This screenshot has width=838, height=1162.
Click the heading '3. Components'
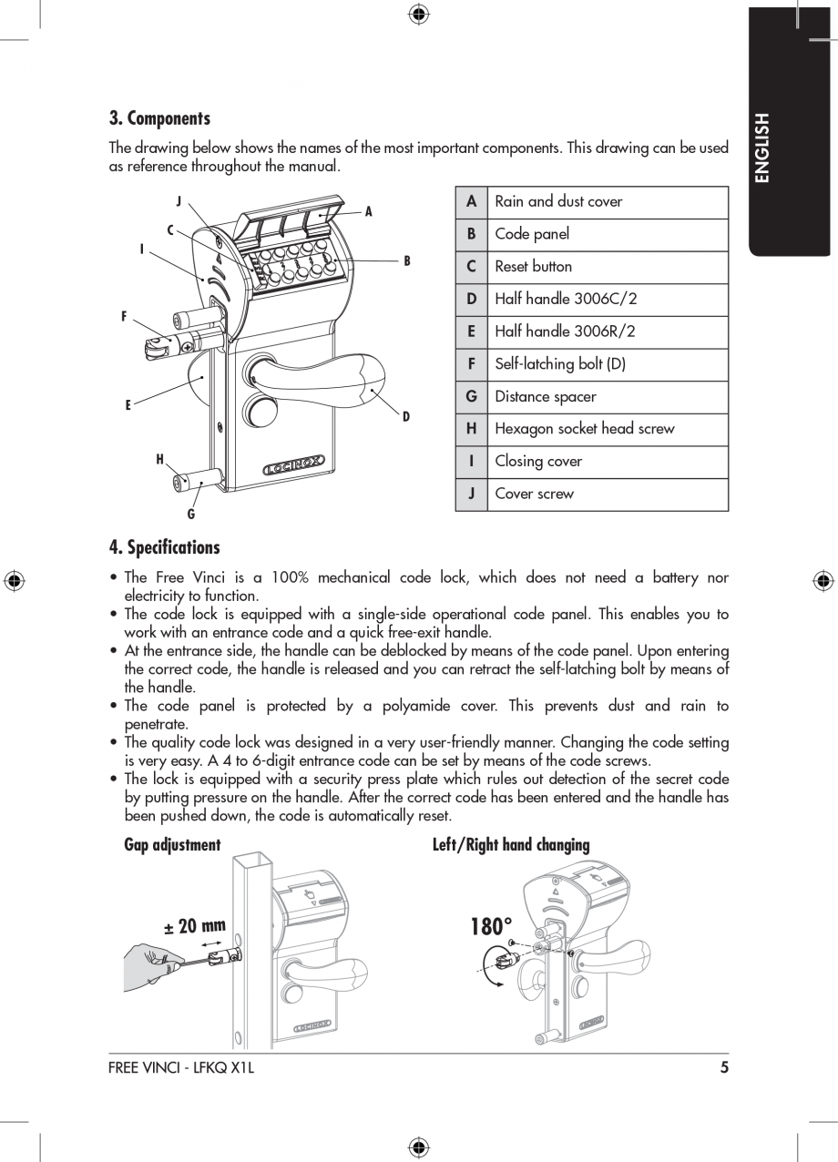coord(159,118)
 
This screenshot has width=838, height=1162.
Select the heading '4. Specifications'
coord(164,547)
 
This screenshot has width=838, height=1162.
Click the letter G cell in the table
coord(471,396)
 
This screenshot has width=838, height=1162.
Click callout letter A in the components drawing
coord(369,212)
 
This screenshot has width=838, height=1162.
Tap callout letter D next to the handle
coord(406,417)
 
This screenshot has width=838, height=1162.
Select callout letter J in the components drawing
coord(179,201)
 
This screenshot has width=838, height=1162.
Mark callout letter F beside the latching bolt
coord(125,317)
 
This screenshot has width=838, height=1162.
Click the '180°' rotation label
coord(492,927)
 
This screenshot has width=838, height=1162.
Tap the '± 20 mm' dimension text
coord(194,927)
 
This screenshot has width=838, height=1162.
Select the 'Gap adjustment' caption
coord(172,845)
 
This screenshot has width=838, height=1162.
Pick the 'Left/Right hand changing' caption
coord(511,845)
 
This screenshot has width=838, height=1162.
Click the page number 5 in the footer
coord(724,1068)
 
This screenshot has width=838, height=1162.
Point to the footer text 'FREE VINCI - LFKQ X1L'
coord(180,1068)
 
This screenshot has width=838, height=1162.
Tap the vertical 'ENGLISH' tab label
coord(762,148)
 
